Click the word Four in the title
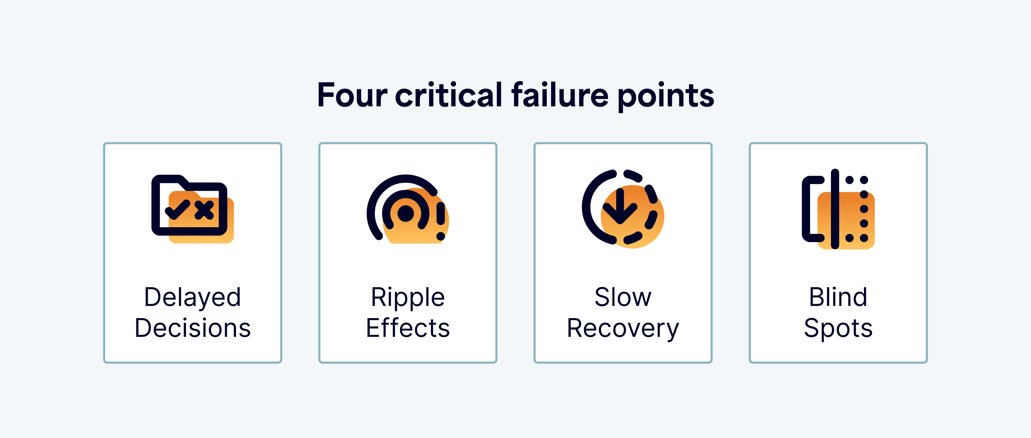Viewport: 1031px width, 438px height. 352,95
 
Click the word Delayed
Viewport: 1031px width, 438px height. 192,298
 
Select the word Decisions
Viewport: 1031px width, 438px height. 192,328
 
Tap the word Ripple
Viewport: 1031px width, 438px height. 408,298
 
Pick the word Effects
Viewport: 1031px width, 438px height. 408,328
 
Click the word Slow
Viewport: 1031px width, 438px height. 623,297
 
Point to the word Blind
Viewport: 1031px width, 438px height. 838,297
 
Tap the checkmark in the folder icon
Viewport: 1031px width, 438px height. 177,209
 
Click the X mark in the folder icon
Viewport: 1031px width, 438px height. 204,210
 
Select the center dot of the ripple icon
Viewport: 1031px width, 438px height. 406,213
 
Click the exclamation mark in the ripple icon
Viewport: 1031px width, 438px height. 441,221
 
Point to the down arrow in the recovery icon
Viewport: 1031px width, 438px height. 620,206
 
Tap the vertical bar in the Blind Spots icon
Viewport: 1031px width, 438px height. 835,209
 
